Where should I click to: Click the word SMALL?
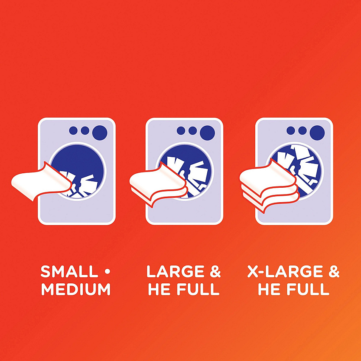pyautogui.click(x=69, y=271)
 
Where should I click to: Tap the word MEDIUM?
pyautogui.click(x=76, y=289)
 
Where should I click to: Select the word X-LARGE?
pyautogui.click(x=285, y=271)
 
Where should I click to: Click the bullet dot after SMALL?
pyautogui.click(x=107, y=272)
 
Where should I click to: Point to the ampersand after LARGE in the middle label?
pyautogui.click(x=215, y=271)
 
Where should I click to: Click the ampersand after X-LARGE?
pyautogui.click(x=334, y=271)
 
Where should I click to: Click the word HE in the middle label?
pyautogui.click(x=158, y=289)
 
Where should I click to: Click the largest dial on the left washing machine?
pyautogui.click(x=100, y=133)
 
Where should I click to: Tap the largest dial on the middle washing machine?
pyautogui.click(x=207, y=133)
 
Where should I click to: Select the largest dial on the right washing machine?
pyautogui.click(x=317, y=133)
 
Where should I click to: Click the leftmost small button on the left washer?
pyautogui.click(x=73, y=130)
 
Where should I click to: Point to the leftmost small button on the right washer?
pyautogui.click(x=291, y=130)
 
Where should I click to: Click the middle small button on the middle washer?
pyautogui.click(x=193, y=130)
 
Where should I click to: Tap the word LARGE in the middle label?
pyautogui.click(x=175, y=271)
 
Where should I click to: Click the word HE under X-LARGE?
pyautogui.click(x=268, y=289)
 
